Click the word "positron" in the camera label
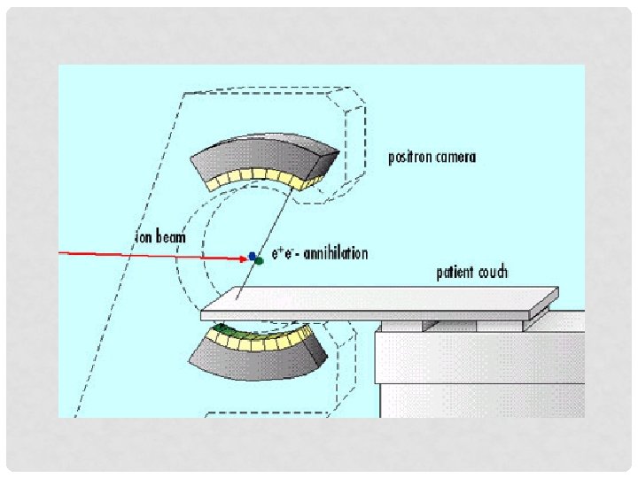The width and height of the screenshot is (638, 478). tap(409, 158)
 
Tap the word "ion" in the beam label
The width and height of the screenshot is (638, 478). tap(143, 237)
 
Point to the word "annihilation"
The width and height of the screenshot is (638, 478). tap(335, 254)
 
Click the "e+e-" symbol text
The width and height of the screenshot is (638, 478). tap(285, 254)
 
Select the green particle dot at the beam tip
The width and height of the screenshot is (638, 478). tap(258, 261)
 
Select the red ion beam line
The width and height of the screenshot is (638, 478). tap(151, 255)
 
